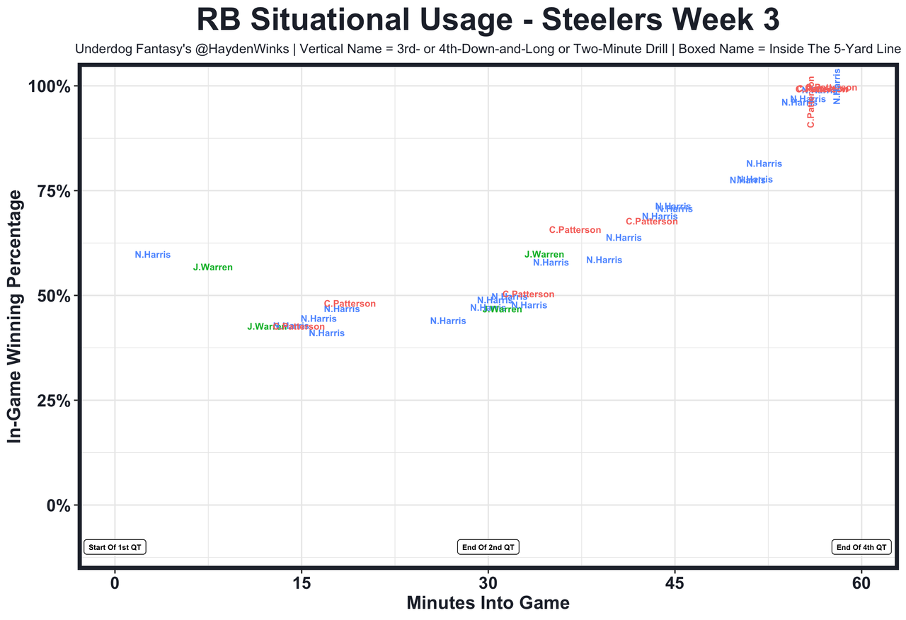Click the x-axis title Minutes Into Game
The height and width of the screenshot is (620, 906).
point(488,603)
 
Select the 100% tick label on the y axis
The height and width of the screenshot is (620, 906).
point(49,87)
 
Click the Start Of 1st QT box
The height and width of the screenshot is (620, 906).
point(115,547)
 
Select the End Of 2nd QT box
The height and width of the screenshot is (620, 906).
point(488,547)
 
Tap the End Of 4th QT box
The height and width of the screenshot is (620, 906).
point(861,547)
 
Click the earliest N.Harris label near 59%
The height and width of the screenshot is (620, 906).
point(153,255)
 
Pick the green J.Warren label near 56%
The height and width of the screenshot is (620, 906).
point(212,268)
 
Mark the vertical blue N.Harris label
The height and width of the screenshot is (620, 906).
point(837,86)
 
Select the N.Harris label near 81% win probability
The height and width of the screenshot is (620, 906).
point(764,164)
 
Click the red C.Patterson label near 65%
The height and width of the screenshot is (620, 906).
point(575,231)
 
